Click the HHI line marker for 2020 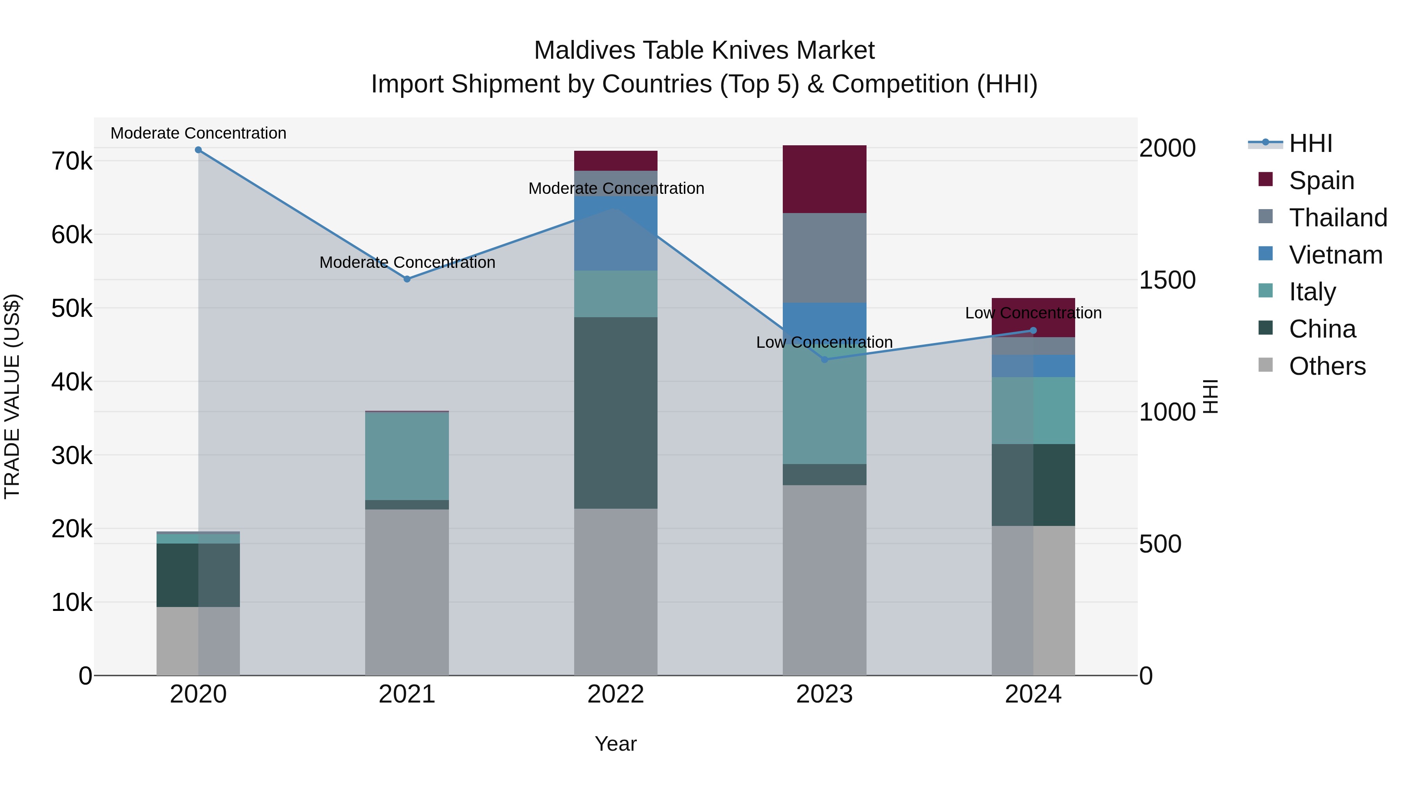[x=198, y=150]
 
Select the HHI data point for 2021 [x=407, y=279]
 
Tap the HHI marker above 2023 [x=825, y=359]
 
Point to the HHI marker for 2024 [x=1033, y=331]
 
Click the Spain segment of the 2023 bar [x=824, y=179]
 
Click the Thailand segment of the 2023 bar [x=824, y=258]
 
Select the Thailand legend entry [x=1337, y=218]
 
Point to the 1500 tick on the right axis [x=1167, y=280]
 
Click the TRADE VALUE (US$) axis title [x=12, y=397]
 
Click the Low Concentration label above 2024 [x=1033, y=313]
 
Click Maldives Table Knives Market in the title [x=704, y=51]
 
